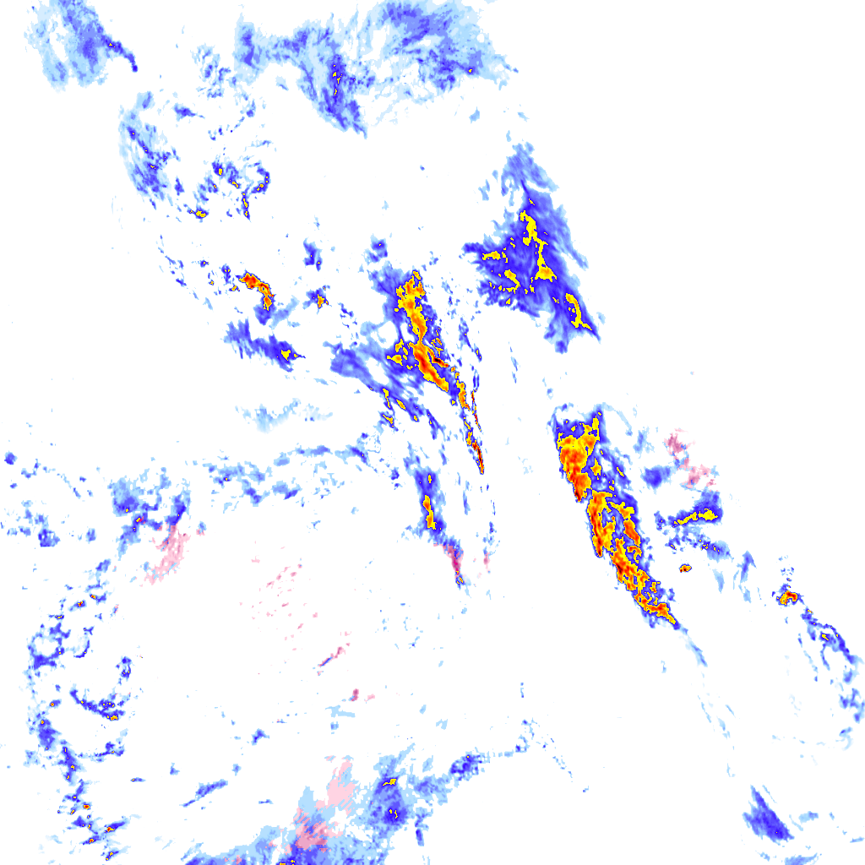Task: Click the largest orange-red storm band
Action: point(604,515)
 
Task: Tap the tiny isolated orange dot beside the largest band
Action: point(684,568)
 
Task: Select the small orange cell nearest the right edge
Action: point(788,596)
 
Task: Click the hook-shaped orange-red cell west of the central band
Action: point(257,286)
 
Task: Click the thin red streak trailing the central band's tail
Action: point(479,452)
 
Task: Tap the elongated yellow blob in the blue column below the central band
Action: point(427,510)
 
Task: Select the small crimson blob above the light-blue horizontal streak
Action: point(356,694)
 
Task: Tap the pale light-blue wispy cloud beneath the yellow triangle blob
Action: point(279,414)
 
